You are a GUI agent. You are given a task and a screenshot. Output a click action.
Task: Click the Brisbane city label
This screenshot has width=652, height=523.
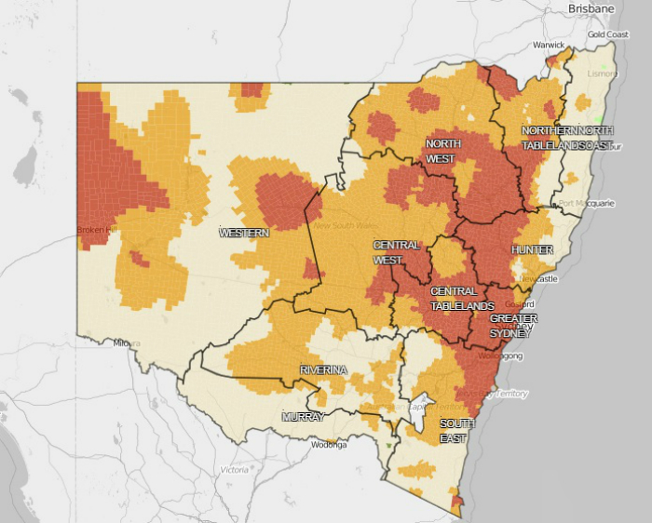coord(592,8)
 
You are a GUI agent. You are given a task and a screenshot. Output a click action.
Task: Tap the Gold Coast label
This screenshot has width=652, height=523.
coord(607,34)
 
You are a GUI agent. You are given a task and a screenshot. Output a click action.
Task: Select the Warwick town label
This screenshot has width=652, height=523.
coord(548,45)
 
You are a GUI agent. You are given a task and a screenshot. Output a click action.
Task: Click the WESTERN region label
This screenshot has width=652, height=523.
coord(244,233)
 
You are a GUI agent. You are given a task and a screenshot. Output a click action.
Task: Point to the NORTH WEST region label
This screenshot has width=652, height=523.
coord(442,151)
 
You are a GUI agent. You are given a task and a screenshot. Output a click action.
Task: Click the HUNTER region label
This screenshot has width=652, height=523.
coord(532,250)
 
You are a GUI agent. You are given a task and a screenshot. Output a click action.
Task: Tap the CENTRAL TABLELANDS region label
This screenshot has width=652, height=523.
coord(462,299)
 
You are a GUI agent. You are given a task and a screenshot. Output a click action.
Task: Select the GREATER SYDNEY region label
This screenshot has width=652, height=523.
coord(513,326)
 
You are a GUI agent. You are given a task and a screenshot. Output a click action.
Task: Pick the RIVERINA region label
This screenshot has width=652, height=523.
coord(323,370)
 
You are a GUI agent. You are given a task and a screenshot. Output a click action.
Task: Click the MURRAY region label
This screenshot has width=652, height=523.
coord(303,417)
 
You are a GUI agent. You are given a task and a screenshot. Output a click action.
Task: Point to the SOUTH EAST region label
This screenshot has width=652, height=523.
coord(456,429)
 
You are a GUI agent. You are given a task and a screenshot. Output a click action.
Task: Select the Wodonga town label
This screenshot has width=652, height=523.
coord(329,445)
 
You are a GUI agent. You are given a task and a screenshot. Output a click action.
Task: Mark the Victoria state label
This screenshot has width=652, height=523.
coord(234,470)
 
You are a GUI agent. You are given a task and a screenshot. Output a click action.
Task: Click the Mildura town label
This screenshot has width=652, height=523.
coord(127,342)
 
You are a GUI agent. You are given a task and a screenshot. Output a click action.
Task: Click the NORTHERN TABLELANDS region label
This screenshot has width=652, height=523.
coord(550,138)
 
